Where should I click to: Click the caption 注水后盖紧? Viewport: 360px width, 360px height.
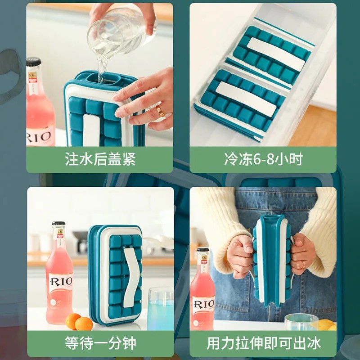coord(100,160)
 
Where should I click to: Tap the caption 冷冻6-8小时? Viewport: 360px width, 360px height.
coord(263,160)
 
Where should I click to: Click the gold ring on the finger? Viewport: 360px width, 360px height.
coord(160,111)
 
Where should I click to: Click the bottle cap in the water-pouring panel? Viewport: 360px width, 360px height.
coord(33,62)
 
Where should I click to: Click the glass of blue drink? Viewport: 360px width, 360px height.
coord(160,308)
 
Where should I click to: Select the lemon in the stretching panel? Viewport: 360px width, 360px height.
coord(325,324)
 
